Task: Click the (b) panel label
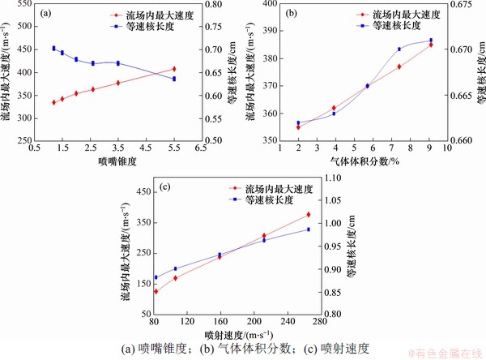pyautogui.click(x=288, y=13)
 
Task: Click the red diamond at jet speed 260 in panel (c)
pyautogui.click(x=308, y=215)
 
